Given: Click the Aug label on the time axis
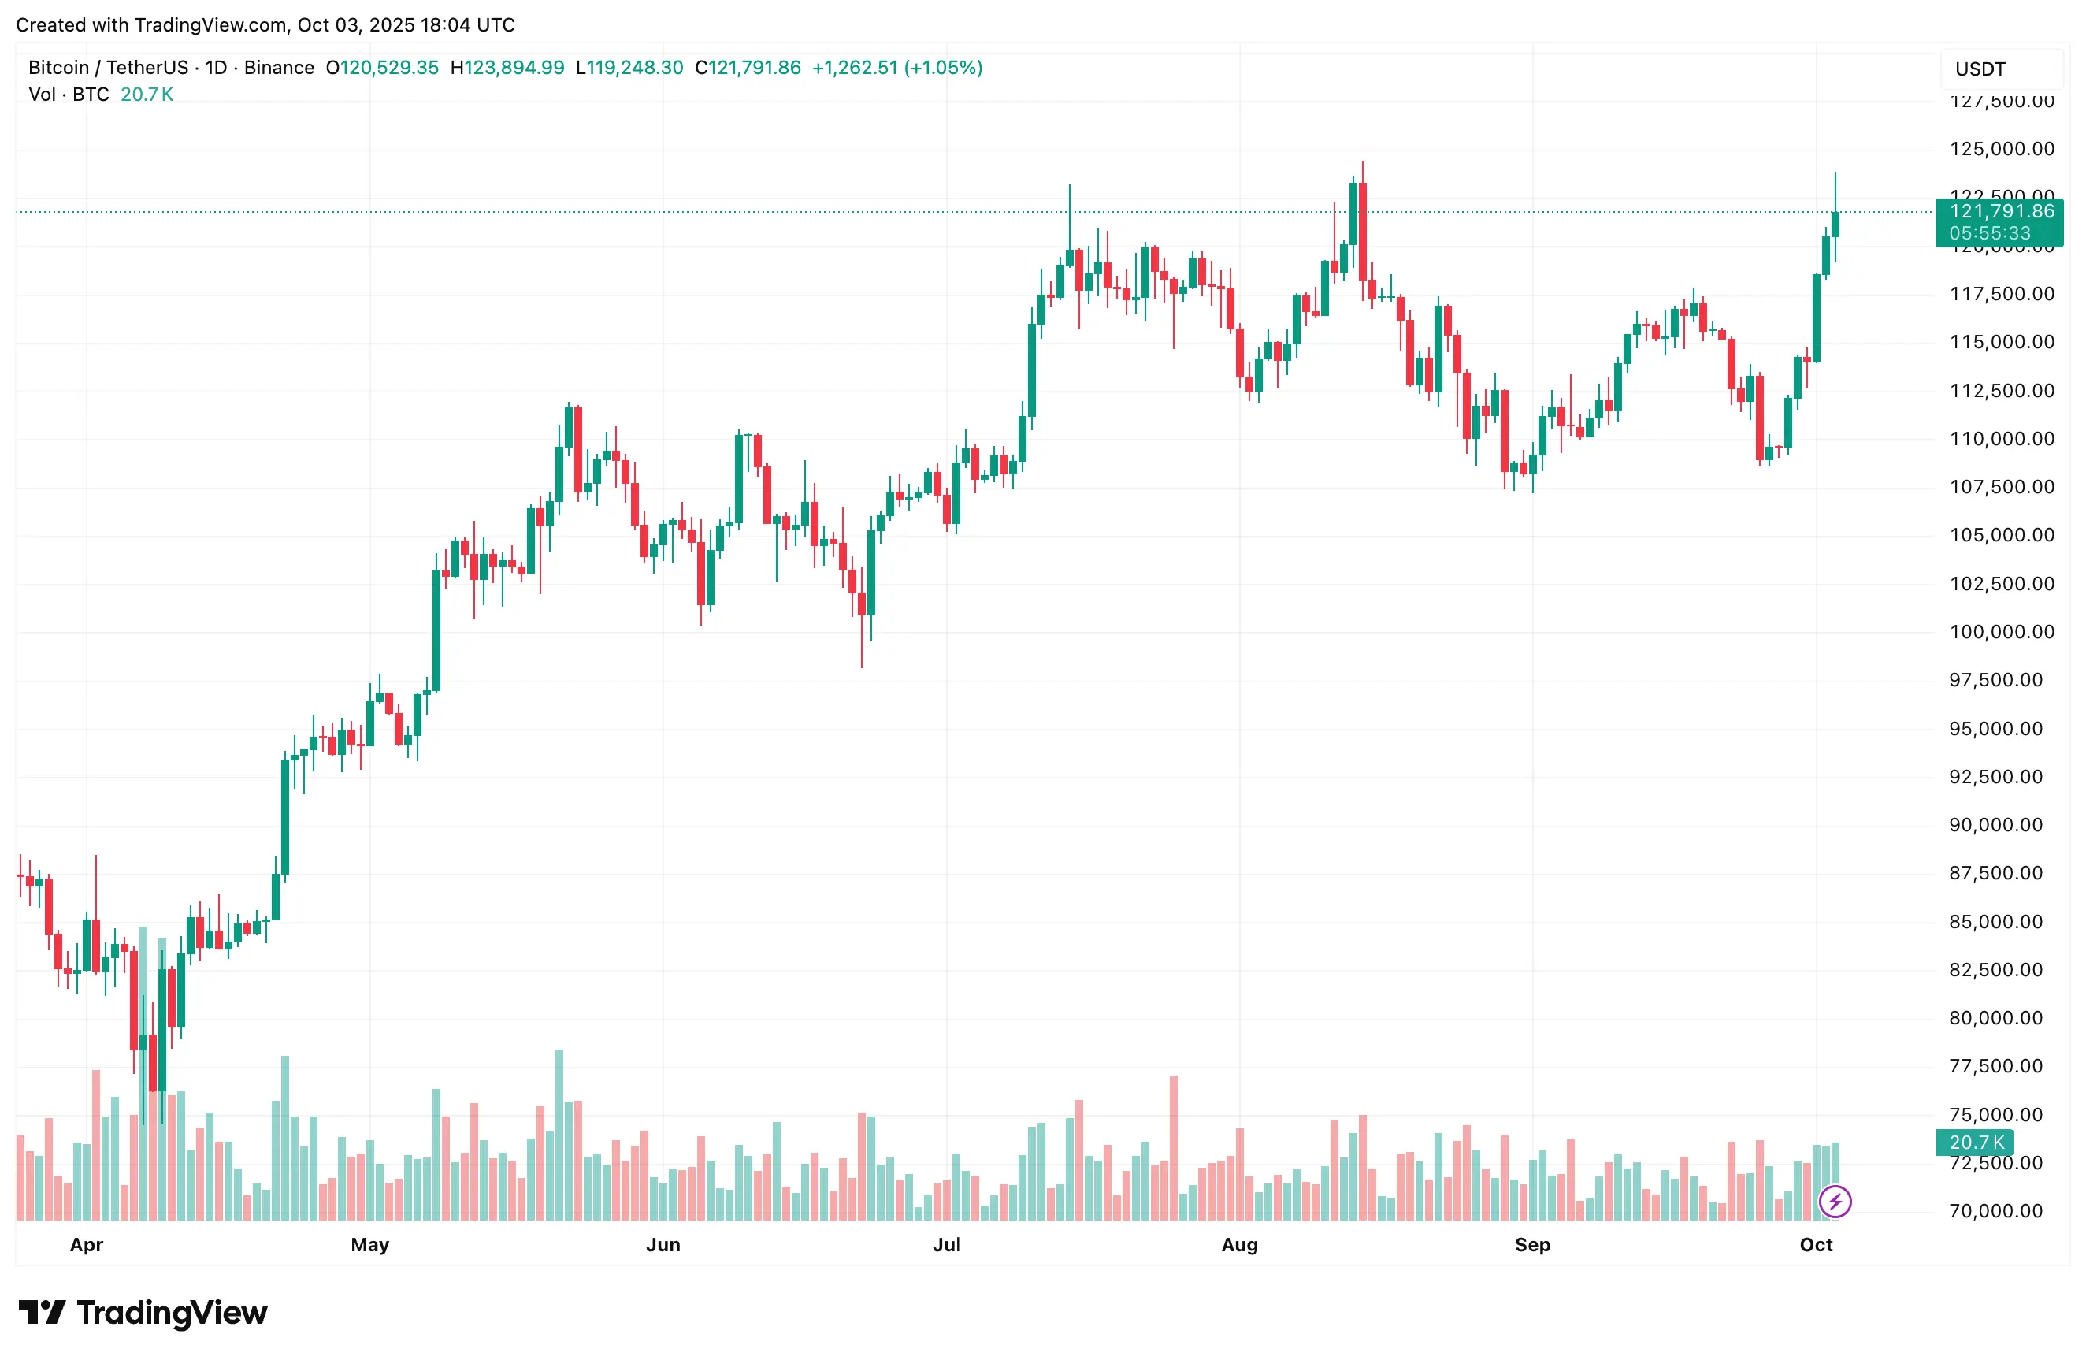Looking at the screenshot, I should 1239,1244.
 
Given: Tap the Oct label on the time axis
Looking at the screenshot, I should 1815,1244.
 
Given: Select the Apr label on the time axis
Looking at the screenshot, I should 87,1244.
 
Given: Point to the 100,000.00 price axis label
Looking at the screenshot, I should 2001,631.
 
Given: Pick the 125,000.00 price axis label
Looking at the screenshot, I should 2001,149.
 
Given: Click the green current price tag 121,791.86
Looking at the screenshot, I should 2001,211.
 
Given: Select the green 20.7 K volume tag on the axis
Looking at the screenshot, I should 1977,1142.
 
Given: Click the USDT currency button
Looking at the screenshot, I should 1980,69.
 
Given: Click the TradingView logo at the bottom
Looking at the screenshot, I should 143,1313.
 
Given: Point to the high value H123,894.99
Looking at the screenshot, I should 507,68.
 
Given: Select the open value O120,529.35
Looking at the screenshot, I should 382,68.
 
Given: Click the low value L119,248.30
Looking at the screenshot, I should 629,68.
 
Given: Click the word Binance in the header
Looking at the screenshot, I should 279,68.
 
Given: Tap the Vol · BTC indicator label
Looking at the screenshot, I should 69,95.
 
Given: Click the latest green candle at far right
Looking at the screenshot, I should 1835,225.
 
